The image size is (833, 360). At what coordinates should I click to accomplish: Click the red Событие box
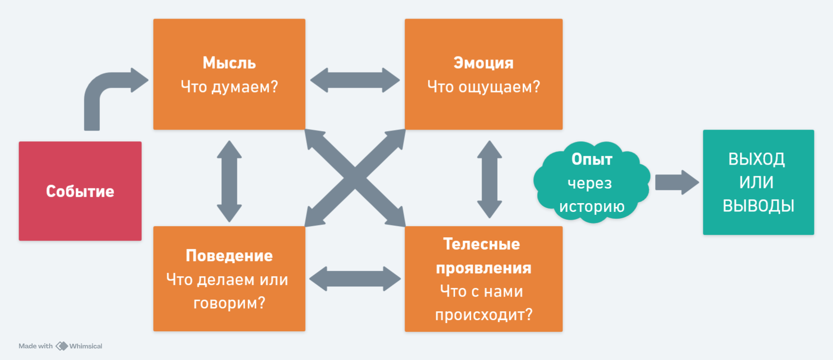(x=80, y=191)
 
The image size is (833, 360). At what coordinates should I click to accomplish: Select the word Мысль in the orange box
(x=229, y=63)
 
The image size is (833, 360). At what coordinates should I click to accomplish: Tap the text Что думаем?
(x=229, y=87)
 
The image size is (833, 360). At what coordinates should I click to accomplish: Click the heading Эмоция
(x=483, y=63)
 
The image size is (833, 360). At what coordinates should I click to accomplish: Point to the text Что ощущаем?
(x=483, y=87)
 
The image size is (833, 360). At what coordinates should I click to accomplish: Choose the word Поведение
(x=229, y=256)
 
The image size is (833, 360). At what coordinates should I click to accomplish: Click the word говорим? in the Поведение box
(x=229, y=303)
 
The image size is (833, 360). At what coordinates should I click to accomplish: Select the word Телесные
(x=482, y=244)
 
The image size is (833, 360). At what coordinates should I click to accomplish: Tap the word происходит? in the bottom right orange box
(x=484, y=315)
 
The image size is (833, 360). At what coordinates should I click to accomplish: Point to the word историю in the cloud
(x=592, y=207)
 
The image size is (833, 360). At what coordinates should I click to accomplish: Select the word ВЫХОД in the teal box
(x=756, y=159)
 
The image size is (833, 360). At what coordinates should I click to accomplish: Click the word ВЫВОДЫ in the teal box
(x=758, y=206)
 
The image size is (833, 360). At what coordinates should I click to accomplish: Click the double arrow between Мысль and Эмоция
(x=355, y=80)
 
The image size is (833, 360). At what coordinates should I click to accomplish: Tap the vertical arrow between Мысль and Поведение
(x=229, y=181)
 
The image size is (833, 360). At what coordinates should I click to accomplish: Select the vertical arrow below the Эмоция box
(x=489, y=179)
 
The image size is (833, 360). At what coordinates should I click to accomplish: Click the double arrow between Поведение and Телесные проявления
(x=355, y=279)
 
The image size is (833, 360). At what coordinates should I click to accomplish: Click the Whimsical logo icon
(x=61, y=346)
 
